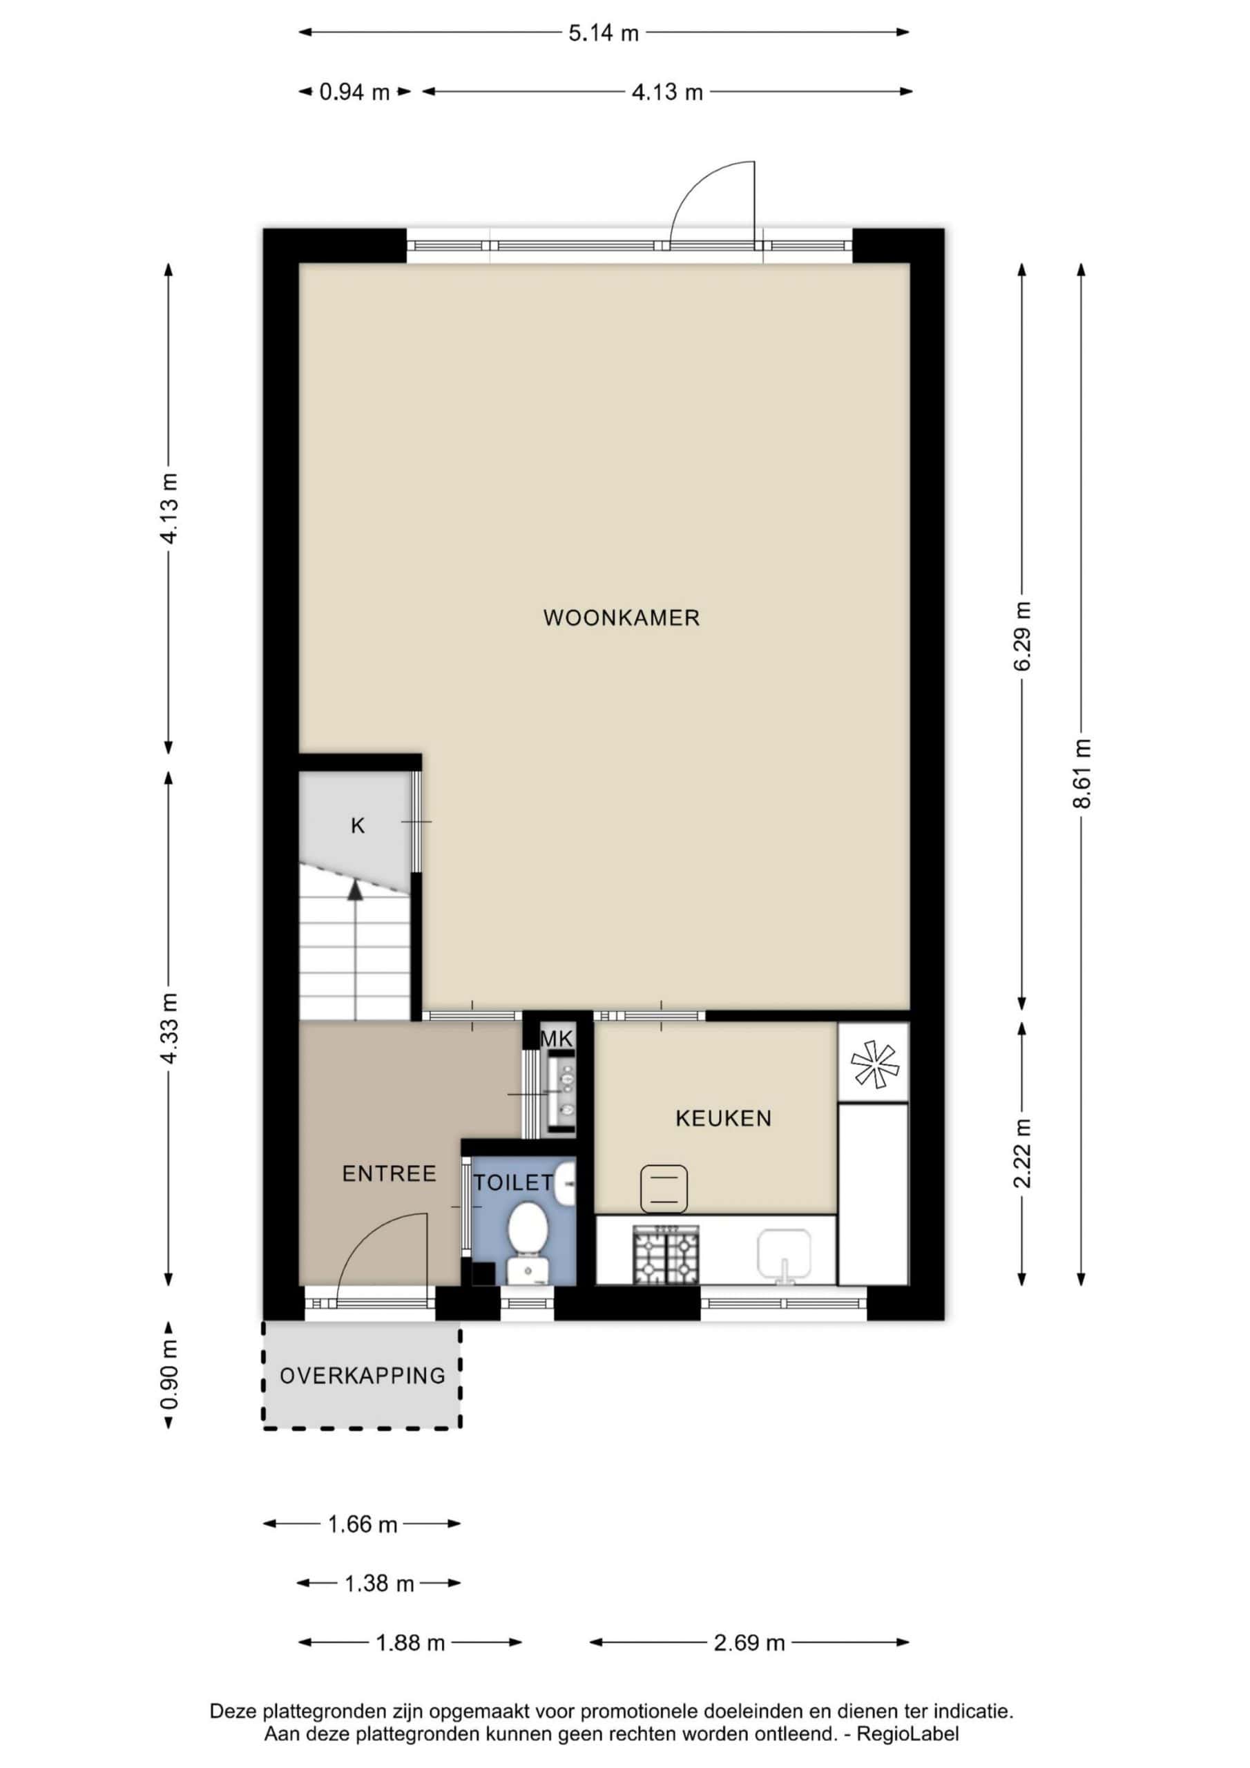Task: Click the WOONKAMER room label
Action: (622, 617)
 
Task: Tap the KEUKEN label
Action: (723, 1118)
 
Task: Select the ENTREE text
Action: (389, 1173)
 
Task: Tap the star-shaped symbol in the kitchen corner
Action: (874, 1064)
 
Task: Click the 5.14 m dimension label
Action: (604, 33)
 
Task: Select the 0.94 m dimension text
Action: (354, 93)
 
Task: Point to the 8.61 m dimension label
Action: (1082, 773)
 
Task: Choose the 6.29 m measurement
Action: (1022, 636)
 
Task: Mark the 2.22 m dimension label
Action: (1022, 1153)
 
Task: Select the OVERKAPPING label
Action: (362, 1376)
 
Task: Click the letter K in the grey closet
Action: (357, 826)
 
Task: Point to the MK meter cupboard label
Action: (556, 1039)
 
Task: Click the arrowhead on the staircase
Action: (355, 890)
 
